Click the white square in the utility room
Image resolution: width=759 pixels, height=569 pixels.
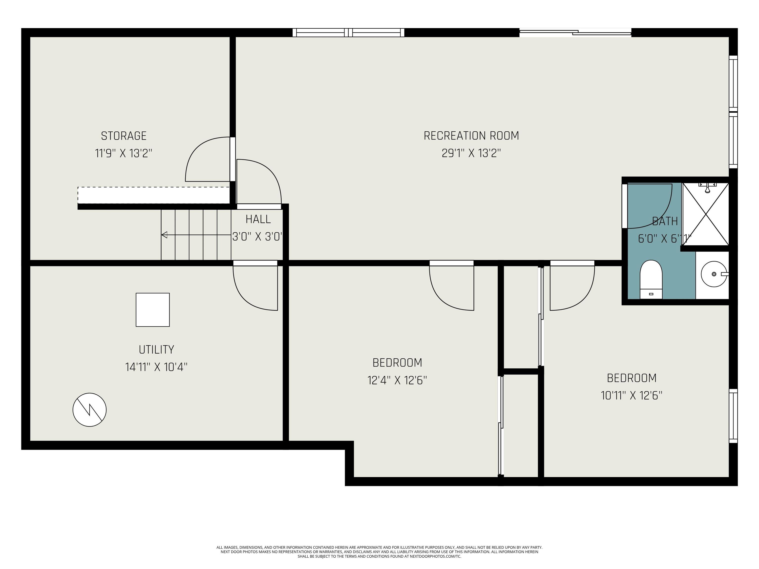pyautogui.click(x=153, y=310)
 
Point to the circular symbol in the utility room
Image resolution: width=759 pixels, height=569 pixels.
pyautogui.click(x=89, y=410)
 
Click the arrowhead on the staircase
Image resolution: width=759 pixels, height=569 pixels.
pyautogui.click(x=164, y=235)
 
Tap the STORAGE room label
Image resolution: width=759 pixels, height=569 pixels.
pyautogui.click(x=124, y=136)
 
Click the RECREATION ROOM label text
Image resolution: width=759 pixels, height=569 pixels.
pyautogui.click(x=471, y=136)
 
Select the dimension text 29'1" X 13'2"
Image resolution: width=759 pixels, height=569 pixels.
pyautogui.click(x=471, y=153)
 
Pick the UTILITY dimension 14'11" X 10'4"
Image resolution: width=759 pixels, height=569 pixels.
pyautogui.click(x=156, y=367)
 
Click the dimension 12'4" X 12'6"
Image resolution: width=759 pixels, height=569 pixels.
pyautogui.click(x=397, y=380)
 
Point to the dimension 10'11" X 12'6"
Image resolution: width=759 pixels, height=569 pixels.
pyautogui.click(x=631, y=395)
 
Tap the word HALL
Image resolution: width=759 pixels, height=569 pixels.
pyautogui.click(x=258, y=219)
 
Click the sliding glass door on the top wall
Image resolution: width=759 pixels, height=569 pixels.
pyautogui.click(x=575, y=33)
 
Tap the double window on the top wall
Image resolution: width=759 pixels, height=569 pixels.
pyautogui.click(x=348, y=33)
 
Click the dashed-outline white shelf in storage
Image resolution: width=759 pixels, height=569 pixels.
pyautogui.click(x=153, y=195)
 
